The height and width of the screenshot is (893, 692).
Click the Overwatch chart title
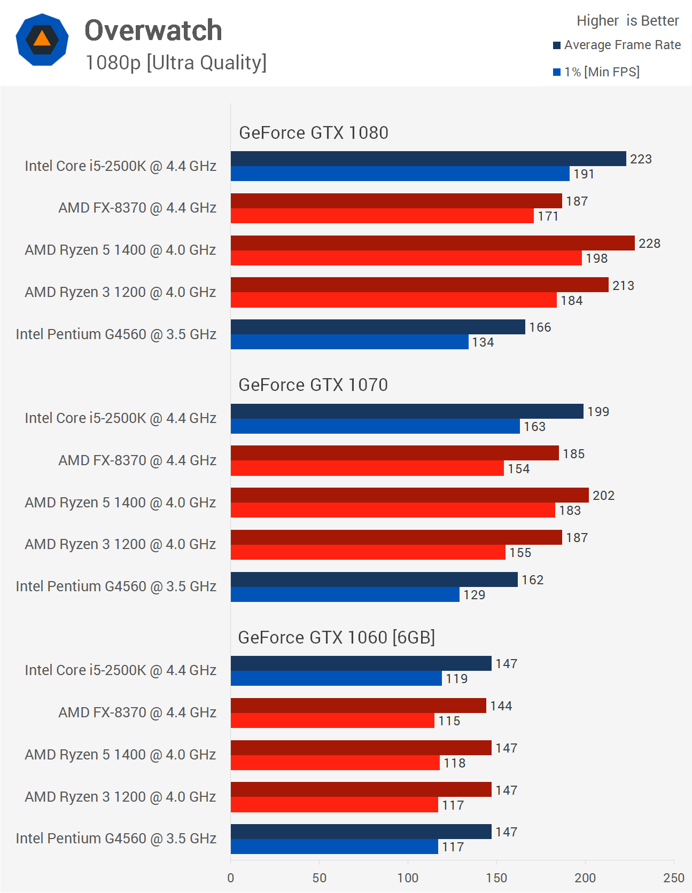click(x=153, y=30)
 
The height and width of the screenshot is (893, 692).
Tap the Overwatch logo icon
click(x=42, y=40)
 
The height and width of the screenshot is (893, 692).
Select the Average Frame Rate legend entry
click(x=617, y=45)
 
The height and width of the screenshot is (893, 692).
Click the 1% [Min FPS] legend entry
click(x=596, y=72)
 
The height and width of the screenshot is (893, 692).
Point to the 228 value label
click(x=649, y=244)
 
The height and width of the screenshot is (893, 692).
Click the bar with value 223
click(x=428, y=159)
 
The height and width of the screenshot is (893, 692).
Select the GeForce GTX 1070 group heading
click(x=313, y=385)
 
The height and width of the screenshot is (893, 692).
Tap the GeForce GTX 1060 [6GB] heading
click(x=336, y=638)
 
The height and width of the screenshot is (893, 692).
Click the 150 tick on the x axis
click(x=496, y=878)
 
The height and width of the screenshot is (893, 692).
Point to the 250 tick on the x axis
click(x=673, y=878)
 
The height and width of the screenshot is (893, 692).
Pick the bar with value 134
click(x=349, y=342)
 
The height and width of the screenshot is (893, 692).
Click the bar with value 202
click(x=409, y=495)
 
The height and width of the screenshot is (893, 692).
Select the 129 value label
click(x=474, y=595)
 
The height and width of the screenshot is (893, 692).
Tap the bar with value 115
click(x=332, y=721)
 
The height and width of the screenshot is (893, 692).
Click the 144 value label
click(x=501, y=706)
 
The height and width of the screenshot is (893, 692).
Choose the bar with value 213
click(x=419, y=285)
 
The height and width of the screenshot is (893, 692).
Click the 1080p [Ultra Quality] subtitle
click(x=176, y=62)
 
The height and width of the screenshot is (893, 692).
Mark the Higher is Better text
click(x=627, y=21)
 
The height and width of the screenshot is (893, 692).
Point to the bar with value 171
click(x=382, y=216)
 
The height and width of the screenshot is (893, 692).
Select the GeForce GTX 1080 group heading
click(x=314, y=133)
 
